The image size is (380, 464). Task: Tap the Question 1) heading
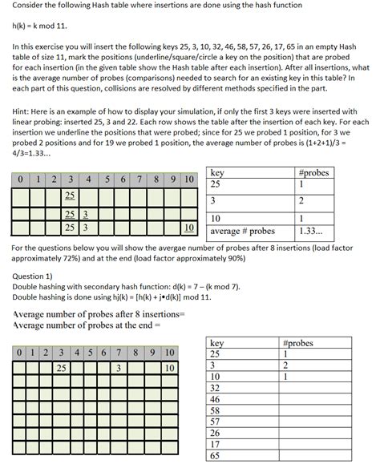point(37,275)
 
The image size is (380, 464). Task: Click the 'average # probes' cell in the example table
point(241,232)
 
